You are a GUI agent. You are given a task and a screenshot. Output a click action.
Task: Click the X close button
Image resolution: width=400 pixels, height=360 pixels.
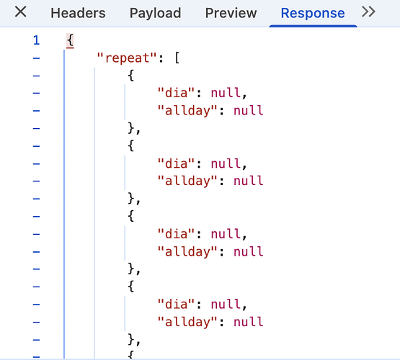[20, 12]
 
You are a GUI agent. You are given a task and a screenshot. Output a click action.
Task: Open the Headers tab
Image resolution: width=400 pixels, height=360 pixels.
[78, 13]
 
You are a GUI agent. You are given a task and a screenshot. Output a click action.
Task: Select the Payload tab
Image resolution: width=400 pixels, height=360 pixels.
[156, 13]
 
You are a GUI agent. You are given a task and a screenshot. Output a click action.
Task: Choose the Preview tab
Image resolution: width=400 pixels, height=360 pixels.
[231, 13]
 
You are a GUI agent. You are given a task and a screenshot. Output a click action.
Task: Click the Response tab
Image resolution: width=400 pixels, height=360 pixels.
[313, 13]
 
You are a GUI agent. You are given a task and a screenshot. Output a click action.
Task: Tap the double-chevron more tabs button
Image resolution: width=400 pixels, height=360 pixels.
[368, 12]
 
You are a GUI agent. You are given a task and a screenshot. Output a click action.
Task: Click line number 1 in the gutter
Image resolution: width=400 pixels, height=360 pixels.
[36, 40]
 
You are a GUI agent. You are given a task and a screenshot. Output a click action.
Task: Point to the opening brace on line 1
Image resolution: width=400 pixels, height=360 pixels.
[70, 40]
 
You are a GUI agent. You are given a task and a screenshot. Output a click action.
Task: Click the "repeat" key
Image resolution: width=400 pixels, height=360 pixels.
[127, 58]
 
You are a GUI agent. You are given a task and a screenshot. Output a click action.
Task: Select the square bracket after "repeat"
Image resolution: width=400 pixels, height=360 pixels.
[177, 58]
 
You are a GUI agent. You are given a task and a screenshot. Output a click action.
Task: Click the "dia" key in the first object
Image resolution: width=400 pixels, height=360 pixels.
[176, 93]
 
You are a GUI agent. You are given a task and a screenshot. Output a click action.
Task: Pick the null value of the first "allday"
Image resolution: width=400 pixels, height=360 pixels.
[248, 111]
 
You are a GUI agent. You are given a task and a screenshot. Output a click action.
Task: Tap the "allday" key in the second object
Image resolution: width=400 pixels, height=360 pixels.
[187, 181]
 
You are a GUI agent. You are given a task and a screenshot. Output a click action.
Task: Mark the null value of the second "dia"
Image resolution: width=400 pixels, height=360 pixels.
[226, 163]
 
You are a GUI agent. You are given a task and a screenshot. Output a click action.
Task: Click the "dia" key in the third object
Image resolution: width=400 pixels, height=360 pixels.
[176, 234]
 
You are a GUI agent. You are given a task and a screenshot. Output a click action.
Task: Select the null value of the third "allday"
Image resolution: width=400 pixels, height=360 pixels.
[248, 252]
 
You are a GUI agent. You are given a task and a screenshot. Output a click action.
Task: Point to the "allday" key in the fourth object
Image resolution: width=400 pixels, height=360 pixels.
[187, 323]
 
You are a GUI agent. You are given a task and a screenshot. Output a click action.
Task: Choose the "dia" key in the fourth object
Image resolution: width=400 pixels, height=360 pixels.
[176, 305]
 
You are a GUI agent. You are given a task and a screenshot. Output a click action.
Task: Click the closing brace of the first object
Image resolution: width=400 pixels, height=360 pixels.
[131, 128]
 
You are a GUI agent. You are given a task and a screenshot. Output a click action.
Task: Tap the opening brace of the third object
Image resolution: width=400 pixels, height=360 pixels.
[131, 216]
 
